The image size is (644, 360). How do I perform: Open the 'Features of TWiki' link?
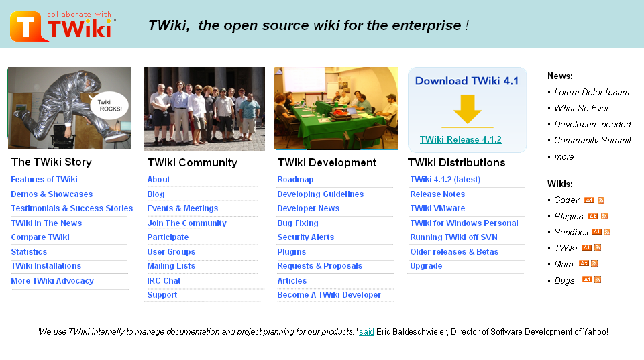click(44, 180)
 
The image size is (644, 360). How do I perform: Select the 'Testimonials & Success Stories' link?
click(72, 208)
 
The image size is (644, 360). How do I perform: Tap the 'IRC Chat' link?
click(164, 281)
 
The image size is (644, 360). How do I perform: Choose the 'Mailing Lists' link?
click(171, 266)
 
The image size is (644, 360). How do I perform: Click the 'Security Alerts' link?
click(305, 237)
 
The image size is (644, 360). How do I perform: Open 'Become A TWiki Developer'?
click(329, 295)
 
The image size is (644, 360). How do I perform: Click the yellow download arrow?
click(467, 109)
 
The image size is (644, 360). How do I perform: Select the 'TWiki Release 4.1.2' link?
click(460, 140)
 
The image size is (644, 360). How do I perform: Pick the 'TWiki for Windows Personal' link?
click(464, 223)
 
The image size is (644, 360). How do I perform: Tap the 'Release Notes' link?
click(437, 194)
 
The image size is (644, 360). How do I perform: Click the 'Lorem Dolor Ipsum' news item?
click(592, 93)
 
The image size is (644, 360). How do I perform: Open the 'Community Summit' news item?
click(592, 141)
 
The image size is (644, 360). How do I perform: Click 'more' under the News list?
click(563, 157)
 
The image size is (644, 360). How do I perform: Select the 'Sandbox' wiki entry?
click(572, 233)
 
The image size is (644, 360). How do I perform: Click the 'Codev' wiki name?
click(567, 200)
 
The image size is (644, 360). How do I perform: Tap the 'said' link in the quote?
click(366, 332)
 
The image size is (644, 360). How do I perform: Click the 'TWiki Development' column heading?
click(327, 163)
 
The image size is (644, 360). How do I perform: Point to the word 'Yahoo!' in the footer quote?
click(594, 332)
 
